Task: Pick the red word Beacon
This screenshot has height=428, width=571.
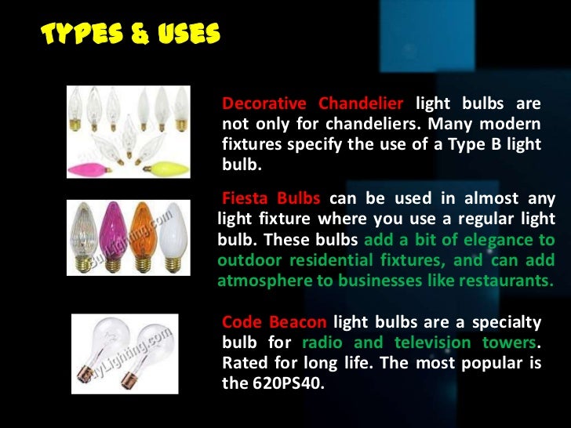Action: tap(300, 323)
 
